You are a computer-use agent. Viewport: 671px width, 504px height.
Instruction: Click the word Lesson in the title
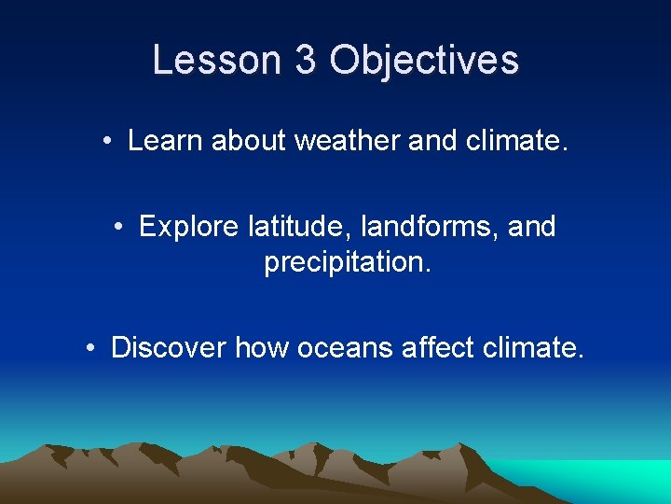(x=217, y=60)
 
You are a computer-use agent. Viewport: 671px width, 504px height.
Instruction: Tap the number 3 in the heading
(x=305, y=60)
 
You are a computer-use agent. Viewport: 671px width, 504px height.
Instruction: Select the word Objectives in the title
(x=424, y=60)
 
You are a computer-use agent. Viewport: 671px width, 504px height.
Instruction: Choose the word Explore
(x=190, y=227)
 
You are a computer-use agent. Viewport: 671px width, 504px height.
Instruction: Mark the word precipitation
(x=348, y=263)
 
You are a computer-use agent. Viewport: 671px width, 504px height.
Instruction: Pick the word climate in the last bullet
(x=534, y=348)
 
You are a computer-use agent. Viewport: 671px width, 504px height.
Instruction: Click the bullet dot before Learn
(x=109, y=142)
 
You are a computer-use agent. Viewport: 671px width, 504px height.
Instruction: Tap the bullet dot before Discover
(x=91, y=349)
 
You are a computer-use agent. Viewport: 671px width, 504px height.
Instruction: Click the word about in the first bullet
(x=250, y=141)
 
